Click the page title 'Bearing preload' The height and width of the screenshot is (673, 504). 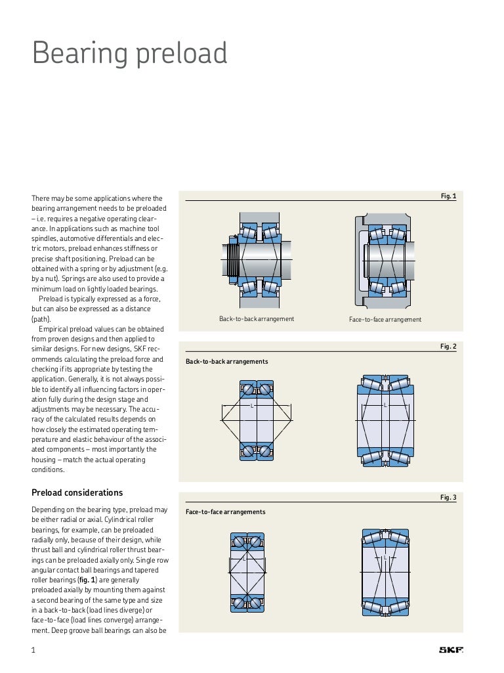[x=129, y=54]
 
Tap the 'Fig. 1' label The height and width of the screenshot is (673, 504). [x=448, y=196]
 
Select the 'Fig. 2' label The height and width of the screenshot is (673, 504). [x=448, y=347]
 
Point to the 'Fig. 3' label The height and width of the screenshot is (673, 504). [x=448, y=498]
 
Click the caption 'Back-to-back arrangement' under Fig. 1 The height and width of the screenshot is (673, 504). [x=257, y=319]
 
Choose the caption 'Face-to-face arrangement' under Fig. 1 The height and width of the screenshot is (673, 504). [x=385, y=320]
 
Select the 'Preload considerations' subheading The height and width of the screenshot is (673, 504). [x=77, y=493]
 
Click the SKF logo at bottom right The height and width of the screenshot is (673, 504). [x=451, y=651]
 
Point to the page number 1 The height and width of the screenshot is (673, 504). [x=33, y=651]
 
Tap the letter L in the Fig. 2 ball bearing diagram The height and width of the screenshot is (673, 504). [x=252, y=406]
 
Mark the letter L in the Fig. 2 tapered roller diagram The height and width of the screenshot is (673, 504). [x=385, y=405]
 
